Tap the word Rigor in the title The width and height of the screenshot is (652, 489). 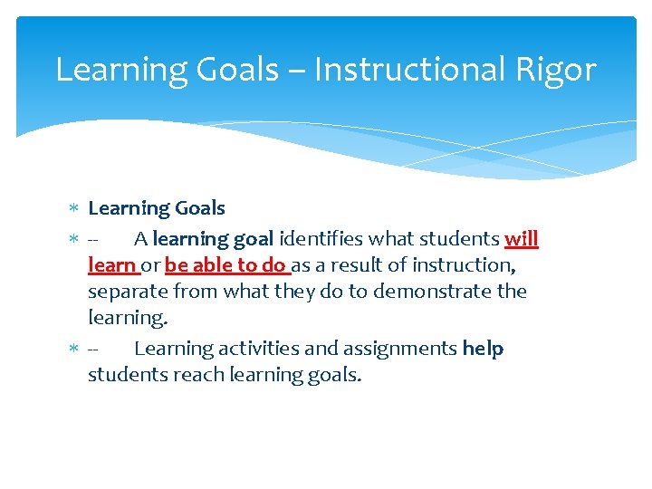coord(559,70)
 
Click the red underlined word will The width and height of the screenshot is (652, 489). coord(521,239)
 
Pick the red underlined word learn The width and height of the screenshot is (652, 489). coord(111,265)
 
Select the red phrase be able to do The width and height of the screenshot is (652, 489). coord(225,265)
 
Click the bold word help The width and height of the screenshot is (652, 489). coord(483,349)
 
